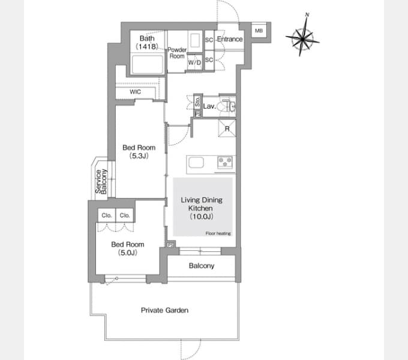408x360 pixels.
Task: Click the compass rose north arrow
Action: coord(302,35)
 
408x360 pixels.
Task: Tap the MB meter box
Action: coord(259,31)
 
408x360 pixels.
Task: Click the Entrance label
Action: coord(230,39)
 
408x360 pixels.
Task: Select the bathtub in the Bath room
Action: coord(147,64)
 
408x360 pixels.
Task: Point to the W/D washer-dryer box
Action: coord(194,62)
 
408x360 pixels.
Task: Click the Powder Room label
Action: coord(177,53)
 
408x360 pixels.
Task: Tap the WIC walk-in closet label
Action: coord(136,92)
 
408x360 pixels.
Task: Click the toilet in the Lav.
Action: coord(225,106)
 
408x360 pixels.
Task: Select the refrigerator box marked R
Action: coord(227,128)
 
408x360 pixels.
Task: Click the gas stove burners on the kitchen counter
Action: coord(225,162)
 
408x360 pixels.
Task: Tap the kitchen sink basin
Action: coord(196,163)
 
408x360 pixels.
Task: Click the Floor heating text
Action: coord(218,233)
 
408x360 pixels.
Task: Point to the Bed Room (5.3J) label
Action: coord(139,152)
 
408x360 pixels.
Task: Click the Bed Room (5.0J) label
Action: coord(127,248)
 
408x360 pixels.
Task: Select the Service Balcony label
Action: coord(101,181)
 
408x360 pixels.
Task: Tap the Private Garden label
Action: coord(164,310)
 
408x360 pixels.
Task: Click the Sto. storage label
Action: coord(197,101)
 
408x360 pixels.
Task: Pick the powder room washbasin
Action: coord(195,40)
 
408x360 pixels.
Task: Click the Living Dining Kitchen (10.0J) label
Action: coord(202,208)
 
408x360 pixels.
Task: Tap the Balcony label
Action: coord(202,266)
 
